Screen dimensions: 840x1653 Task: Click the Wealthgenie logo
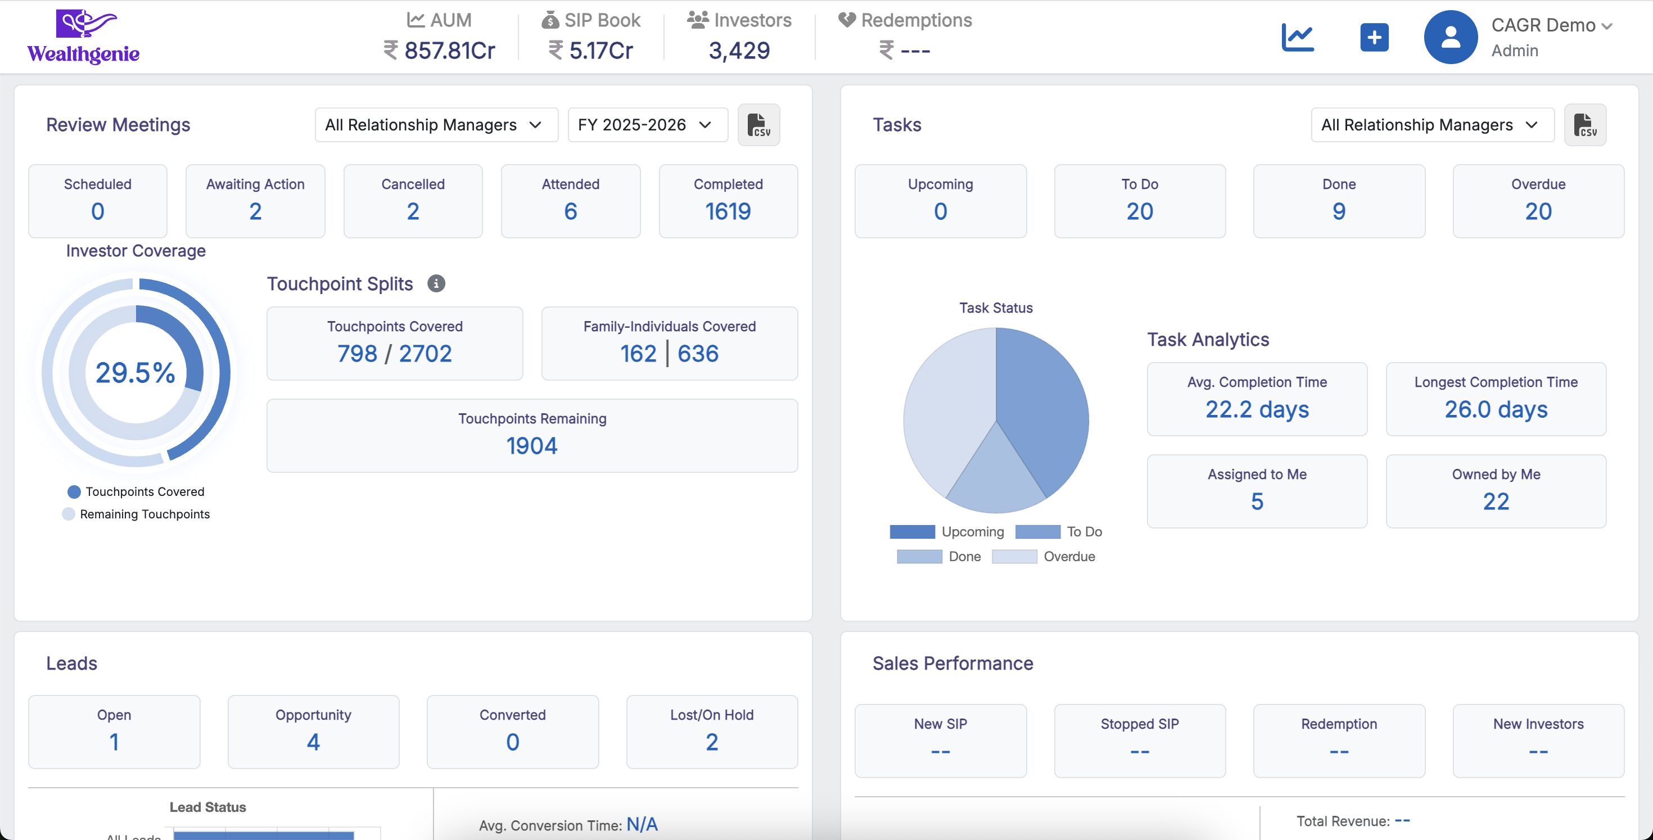(83, 37)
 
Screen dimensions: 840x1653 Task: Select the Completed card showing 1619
(728, 201)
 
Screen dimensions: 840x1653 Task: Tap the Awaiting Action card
(255, 201)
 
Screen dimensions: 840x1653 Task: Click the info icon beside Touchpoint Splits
(436, 283)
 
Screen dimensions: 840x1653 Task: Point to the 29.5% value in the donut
(136, 373)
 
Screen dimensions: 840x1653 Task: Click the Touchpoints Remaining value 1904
(531, 445)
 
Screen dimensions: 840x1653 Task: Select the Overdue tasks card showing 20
(1538, 201)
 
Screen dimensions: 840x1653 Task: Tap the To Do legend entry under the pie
(1059, 531)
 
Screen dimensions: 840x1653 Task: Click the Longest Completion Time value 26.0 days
(1495, 409)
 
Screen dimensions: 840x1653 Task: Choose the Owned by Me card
(1495, 491)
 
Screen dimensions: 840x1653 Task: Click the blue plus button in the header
(1374, 37)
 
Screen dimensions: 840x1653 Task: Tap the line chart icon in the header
(1298, 37)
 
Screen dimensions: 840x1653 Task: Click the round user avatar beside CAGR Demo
(1450, 37)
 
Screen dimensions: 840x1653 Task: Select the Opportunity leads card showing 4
(313, 731)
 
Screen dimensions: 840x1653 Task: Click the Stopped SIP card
(1139, 740)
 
